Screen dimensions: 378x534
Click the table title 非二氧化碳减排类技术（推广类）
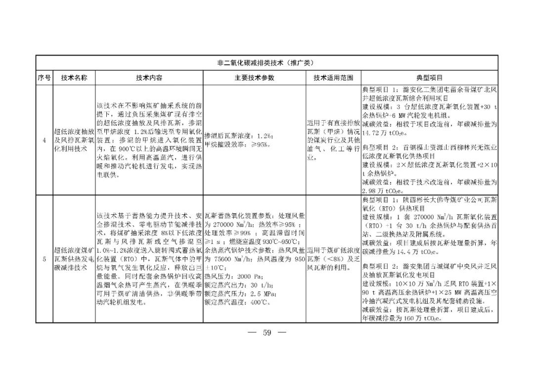click(267, 63)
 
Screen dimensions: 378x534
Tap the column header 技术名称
click(74, 78)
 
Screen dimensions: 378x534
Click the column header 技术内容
click(149, 78)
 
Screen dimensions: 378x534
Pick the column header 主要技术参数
click(254, 78)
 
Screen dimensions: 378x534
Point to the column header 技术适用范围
click(333, 78)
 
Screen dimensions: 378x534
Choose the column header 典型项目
click(429, 78)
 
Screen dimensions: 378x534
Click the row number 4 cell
click(44, 140)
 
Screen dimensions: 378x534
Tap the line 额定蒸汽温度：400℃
click(233, 302)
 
